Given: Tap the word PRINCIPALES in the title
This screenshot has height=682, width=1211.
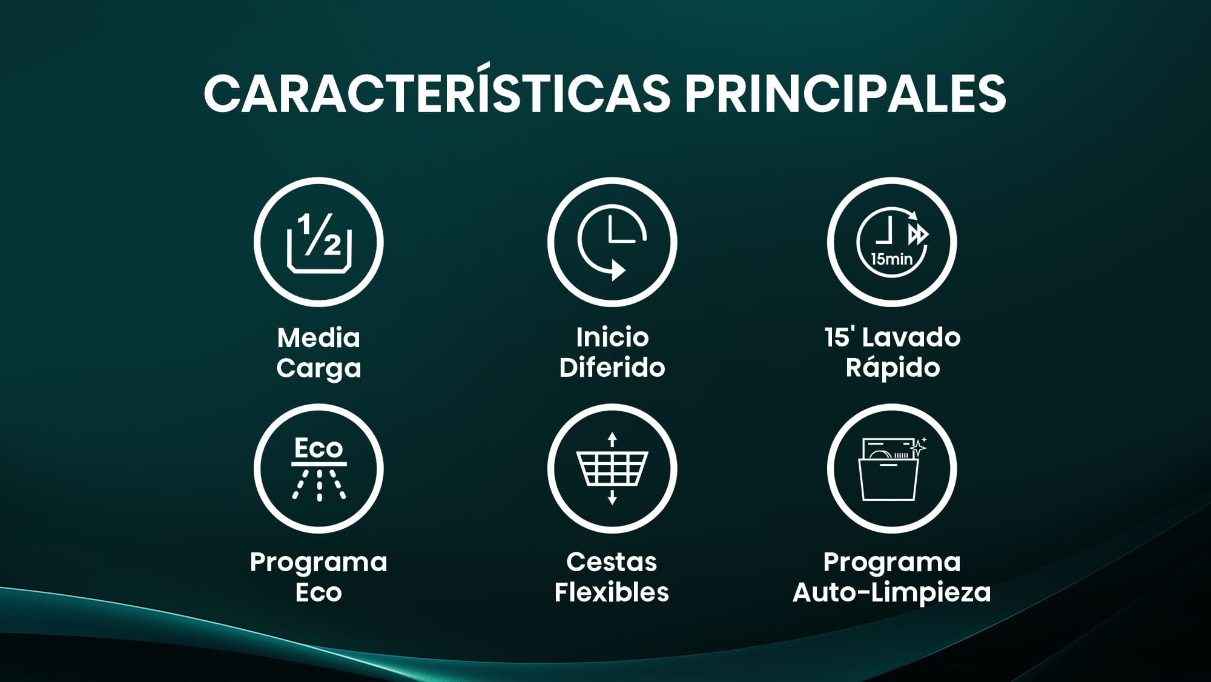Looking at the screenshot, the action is coord(845,94).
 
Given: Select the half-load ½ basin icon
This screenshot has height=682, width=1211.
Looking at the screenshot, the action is coord(318,242).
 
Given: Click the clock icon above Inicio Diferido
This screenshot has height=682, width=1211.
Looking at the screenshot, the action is coord(612,242).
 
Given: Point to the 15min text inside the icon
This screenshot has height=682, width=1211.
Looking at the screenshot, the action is coord(891,259).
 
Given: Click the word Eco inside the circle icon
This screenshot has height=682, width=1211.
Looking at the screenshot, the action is coord(318,448).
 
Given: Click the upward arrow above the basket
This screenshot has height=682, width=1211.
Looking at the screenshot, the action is coord(612,439).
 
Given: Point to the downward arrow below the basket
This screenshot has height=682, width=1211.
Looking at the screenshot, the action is coord(612,497).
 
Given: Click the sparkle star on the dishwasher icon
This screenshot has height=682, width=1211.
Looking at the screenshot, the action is coord(919,447).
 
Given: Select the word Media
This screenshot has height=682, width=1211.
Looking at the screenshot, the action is coord(318,337).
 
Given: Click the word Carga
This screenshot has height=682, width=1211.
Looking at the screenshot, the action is coord(318,368).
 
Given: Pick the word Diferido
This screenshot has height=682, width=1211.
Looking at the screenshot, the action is coord(612,367).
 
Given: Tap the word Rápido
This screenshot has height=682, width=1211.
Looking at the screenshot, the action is coord(893,367).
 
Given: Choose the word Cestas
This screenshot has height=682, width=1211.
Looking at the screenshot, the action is coord(612,562).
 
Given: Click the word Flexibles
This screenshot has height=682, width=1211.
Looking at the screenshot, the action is coord(612,592).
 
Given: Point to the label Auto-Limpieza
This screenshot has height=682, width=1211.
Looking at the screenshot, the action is coord(891,592).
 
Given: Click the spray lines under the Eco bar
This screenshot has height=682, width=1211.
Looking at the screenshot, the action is coord(319,485).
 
